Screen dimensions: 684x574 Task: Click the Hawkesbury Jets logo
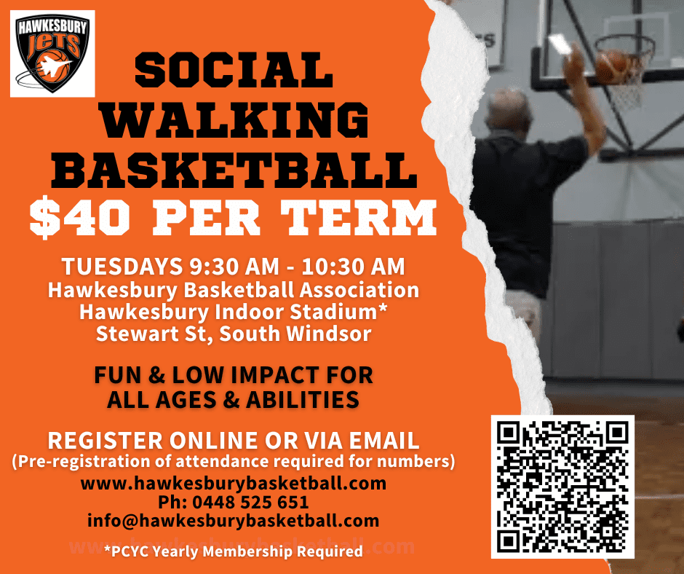point(52,53)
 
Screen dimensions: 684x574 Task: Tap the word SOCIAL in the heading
point(234,71)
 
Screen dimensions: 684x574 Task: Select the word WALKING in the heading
point(234,119)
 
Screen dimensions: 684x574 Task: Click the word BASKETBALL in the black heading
point(234,170)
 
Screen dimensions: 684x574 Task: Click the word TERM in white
point(358,218)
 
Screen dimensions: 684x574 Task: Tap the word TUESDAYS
point(122,267)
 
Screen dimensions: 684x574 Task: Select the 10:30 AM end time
point(353,267)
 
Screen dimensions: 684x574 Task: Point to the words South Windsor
point(295,334)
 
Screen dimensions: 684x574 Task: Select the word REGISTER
point(105,440)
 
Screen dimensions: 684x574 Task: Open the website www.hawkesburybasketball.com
point(234,484)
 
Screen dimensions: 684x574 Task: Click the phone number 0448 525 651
point(250,503)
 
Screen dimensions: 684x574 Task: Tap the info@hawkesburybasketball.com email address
point(234,521)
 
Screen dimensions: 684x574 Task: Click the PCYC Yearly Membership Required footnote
point(234,551)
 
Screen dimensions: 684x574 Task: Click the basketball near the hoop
point(613,66)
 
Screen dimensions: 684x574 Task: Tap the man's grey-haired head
point(508,112)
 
